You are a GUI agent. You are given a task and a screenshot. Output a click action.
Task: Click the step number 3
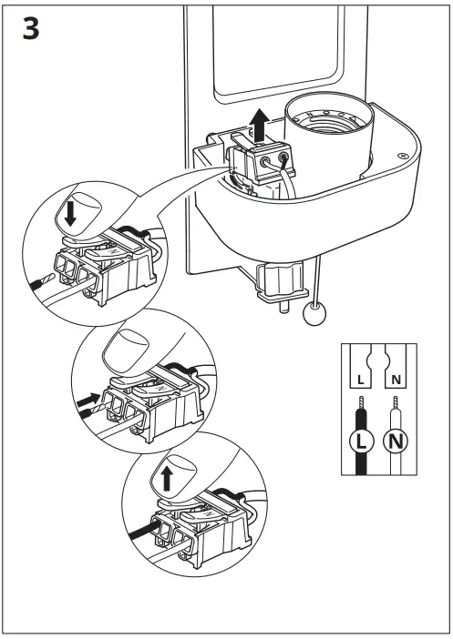[x=31, y=28]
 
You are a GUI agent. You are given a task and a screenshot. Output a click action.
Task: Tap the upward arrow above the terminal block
[x=260, y=125]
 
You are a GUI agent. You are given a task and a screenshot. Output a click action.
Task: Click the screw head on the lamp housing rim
[x=403, y=156]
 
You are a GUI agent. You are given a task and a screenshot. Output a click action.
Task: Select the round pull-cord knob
[x=314, y=314]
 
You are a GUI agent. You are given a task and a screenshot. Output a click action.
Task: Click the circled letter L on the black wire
[x=362, y=441]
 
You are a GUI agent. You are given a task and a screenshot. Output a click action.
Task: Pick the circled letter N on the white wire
[x=395, y=441]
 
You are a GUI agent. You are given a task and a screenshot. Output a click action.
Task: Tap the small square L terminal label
[x=360, y=380]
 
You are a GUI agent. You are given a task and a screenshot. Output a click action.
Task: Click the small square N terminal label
[x=396, y=380]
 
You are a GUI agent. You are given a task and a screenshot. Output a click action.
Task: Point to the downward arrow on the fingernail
[x=70, y=214]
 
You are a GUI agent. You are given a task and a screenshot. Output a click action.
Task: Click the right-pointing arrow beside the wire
[x=88, y=401]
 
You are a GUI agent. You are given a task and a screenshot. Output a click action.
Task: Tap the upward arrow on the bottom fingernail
[x=167, y=479]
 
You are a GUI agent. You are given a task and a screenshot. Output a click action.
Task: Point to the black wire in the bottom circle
[x=142, y=531]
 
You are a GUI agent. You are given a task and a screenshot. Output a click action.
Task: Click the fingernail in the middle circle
[x=125, y=352]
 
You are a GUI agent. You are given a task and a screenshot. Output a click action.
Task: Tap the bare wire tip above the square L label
[x=360, y=402]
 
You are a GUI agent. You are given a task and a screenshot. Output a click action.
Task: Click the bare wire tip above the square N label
[x=395, y=402]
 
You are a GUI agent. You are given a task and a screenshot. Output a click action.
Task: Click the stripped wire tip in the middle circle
[x=98, y=409]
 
